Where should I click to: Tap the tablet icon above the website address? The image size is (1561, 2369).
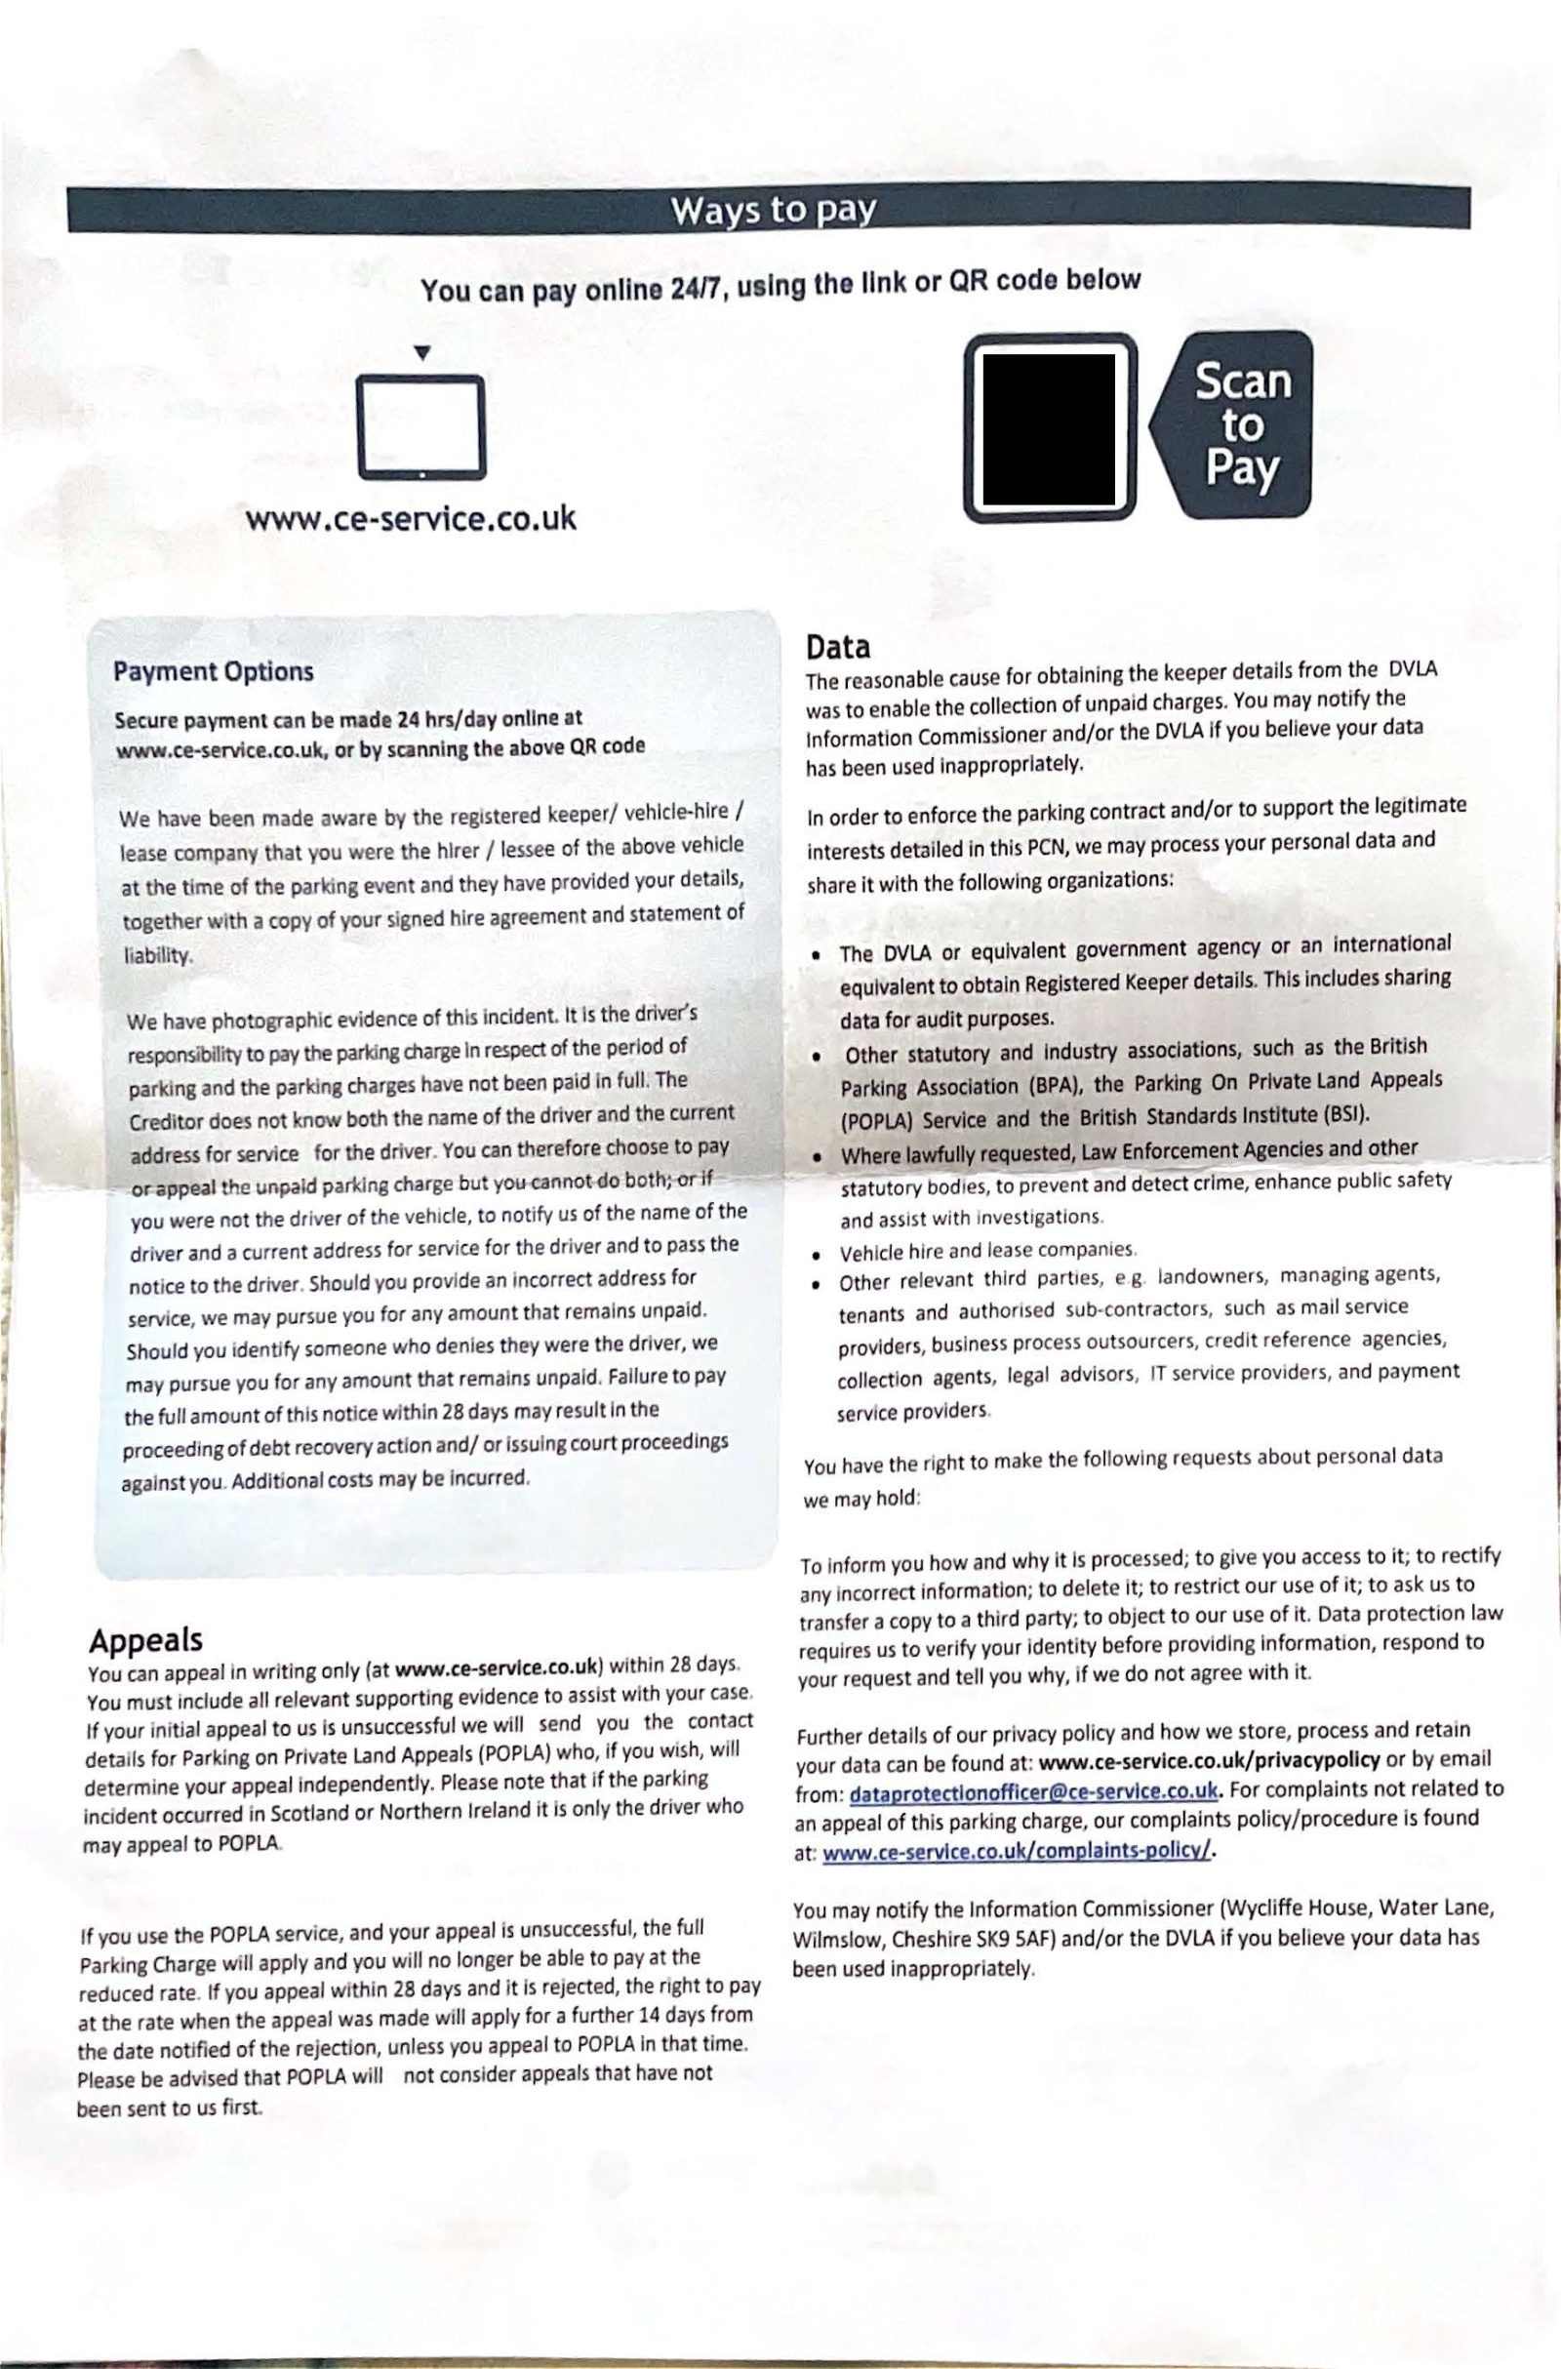[x=422, y=427]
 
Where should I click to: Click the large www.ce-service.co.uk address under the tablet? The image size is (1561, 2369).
[x=411, y=520]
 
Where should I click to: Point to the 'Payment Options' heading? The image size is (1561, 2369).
[x=213, y=671]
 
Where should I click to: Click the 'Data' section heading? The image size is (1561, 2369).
[x=838, y=648]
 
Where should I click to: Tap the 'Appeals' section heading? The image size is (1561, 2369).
[x=145, y=1639]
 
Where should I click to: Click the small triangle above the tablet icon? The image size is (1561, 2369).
[x=422, y=352]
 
